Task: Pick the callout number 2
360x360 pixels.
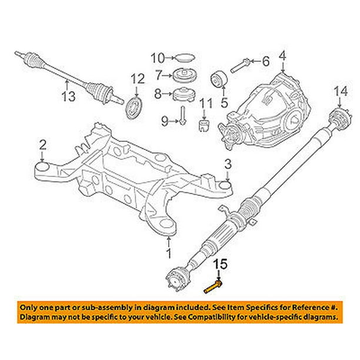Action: click(42, 144)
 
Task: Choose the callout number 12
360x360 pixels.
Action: click(136, 79)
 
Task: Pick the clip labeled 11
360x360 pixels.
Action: click(204, 125)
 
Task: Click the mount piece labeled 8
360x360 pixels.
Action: click(184, 94)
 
